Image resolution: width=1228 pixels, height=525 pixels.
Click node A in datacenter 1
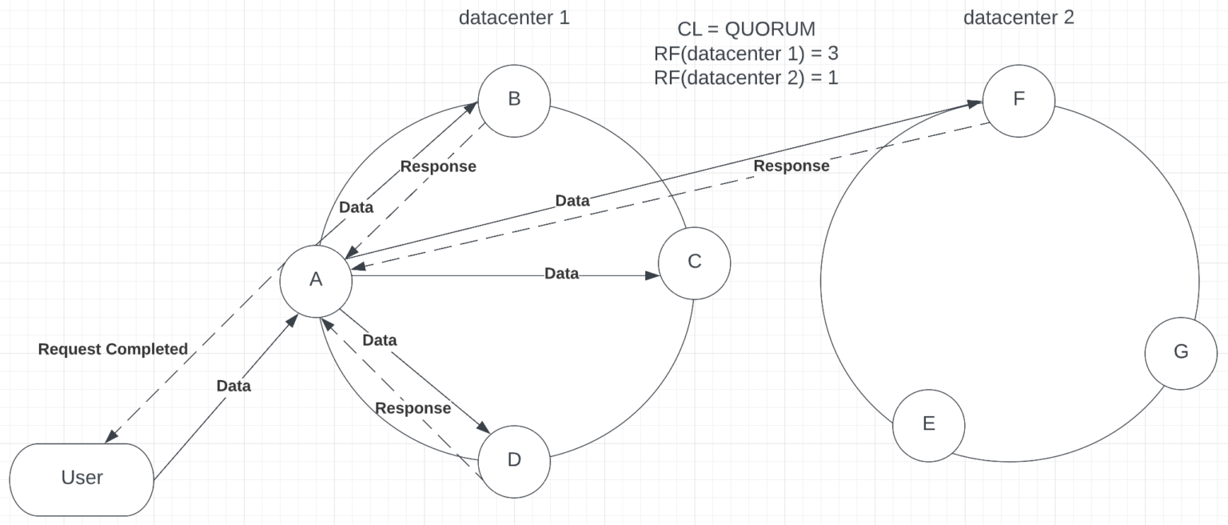click(x=316, y=279)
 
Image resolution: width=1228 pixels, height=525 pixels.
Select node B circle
click(x=514, y=99)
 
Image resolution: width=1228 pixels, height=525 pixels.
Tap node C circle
click(x=694, y=262)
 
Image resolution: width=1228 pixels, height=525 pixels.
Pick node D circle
click(x=514, y=460)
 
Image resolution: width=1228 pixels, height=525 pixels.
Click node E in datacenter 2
click(x=928, y=424)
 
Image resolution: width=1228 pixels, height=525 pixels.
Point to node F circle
click(x=1019, y=99)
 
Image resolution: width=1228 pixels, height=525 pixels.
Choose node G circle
click(x=1180, y=351)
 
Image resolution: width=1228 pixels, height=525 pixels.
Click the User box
click(x=82, y=479)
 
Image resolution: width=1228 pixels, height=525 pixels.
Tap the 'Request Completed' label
click(x=113, y=350)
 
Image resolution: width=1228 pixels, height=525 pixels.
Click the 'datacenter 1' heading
click(x=514, y=18)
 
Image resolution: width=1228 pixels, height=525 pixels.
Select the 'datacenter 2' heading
click(x=1019, y=18)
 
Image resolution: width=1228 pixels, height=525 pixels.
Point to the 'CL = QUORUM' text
click(x=746, y=30)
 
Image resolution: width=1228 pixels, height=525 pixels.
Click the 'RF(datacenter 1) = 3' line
click(x=746, y=54)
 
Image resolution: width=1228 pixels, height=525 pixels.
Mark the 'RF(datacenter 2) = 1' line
click(x=746, y=78)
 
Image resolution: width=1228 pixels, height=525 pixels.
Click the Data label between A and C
click(x=561, y=274)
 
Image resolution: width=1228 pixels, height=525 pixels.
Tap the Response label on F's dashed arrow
click(x=791, y=166)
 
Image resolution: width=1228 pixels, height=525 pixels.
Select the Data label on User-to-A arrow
click(x=233, y=387)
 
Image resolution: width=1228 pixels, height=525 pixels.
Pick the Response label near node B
click(x=438, y=167)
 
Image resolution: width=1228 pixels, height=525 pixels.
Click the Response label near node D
click(x=413, y=408)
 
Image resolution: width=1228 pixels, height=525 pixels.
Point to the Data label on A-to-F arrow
click(x=572, y=201)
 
